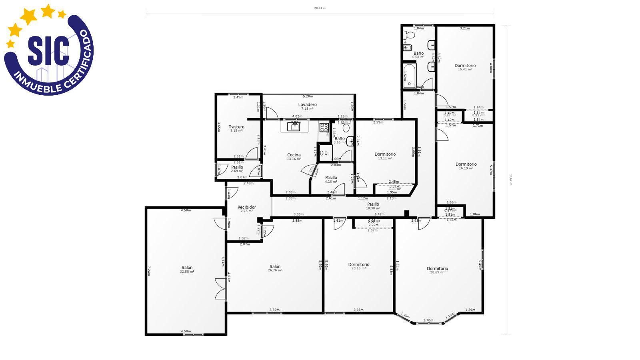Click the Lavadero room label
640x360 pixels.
click(x=307, y=105)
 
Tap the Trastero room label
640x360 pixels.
click(x=236, y=127)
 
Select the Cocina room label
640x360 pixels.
click(x=294, y=155)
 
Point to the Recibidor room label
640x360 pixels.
click(x=246, y=207)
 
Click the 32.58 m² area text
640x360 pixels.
click(x=187, y=272)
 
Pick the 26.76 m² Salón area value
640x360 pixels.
click(x=275, y=270)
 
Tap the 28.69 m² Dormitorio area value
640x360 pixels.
click(x=437, y=272)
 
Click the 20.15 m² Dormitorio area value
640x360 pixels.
click(x=358, y=268)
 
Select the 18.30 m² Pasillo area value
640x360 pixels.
click(x=373, y=208)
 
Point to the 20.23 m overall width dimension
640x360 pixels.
click(x=320, y=8)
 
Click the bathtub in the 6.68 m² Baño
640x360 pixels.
click(x=409, y=76)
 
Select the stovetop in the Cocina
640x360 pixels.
click(x=324, y=128)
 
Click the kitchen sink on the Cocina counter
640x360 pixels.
click(x=294, y=127)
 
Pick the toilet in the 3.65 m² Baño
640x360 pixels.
click(x=346, y=128)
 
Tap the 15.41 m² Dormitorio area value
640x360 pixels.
click(x=465, y=70)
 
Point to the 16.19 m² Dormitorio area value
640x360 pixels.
click(x=466, y=168)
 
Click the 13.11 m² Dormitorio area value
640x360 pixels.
click(x=385, y=158)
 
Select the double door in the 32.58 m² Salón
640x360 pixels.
click(x=221, y=289)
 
